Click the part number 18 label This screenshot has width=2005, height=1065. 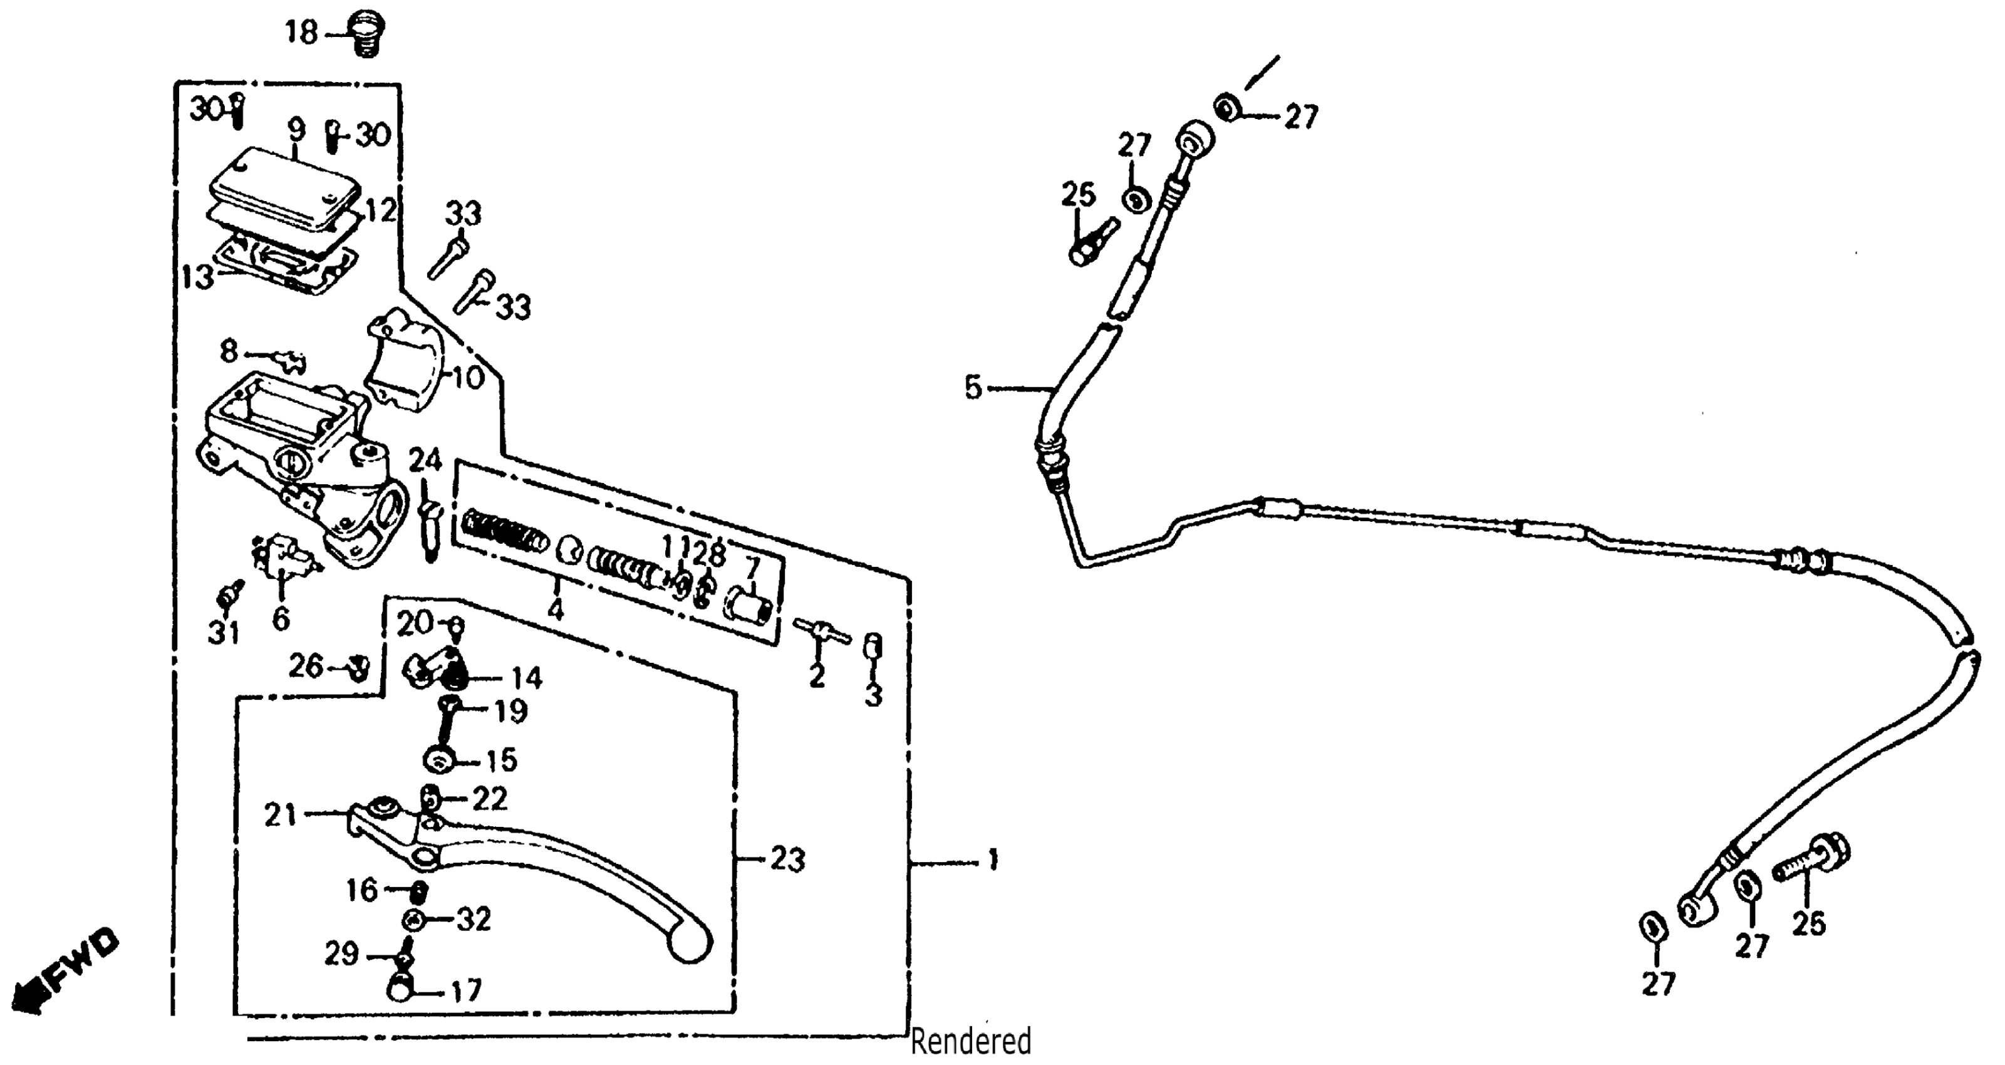click(301, 33)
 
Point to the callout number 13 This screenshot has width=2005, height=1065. click(198, 276)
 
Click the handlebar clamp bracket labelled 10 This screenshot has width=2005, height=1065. click(405, 362)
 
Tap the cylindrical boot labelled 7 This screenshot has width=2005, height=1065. click(749, 606)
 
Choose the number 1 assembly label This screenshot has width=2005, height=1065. click(992, 860)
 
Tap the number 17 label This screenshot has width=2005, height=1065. click(465, 991)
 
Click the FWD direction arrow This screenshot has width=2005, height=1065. click(66, 973)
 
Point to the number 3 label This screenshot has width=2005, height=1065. click(874, 694)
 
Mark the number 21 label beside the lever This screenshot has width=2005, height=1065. click(281, 815)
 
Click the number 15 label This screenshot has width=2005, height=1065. click(501, 760)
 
